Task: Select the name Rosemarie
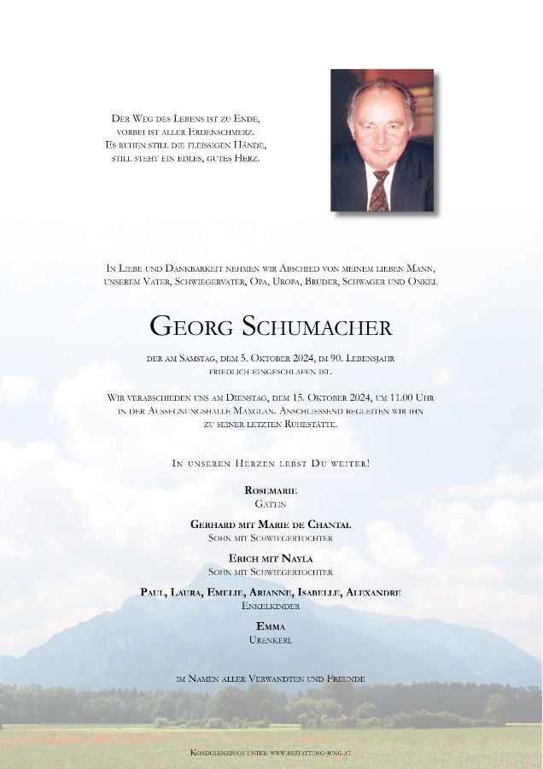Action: [x=271, y=490]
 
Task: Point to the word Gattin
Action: [x=271, y=504]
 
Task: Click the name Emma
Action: [x=271, y=626]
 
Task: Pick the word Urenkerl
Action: [x=271, y=640]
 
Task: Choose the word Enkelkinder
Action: [x=271, y=606]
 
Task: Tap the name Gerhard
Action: [x=213, y=525]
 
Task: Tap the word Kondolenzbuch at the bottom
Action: [x=219, y=752]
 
